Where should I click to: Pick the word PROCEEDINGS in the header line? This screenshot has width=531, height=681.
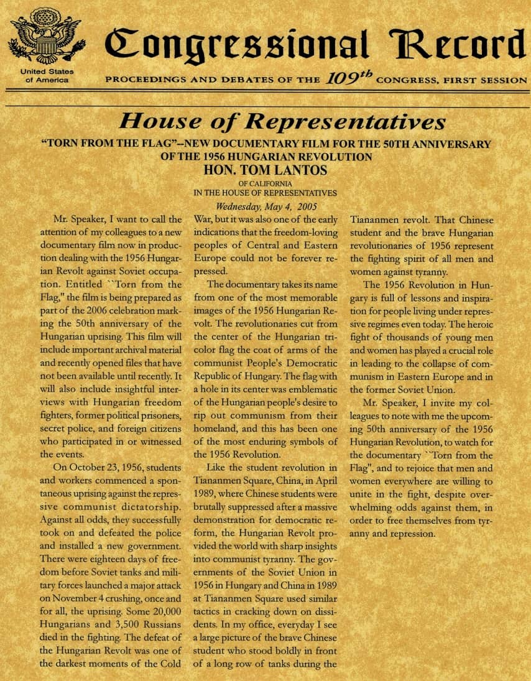pos(144,80)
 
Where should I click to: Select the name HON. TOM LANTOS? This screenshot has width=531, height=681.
pos(265,170)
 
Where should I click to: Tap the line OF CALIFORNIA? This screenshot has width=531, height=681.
pos(265,184)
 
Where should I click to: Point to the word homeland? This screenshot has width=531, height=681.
pos(216,429)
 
